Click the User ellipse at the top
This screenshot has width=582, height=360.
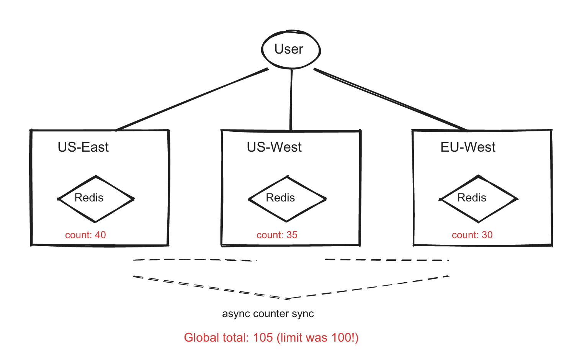pyautogui.click(x=291, y=49)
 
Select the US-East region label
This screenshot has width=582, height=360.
pyautogui.click(x=83, y=147)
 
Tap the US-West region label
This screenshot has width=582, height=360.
pyautogui.click(x=274, y=147)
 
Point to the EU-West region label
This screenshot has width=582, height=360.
pyautogui.click(x=468, y=147)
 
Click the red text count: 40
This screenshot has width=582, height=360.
pyautogui.click(x=85, y=235)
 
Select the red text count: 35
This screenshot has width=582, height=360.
pyautogui.click(x=277, y=235)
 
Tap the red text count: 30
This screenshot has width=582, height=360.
pyautogui.click(x=472, y=235)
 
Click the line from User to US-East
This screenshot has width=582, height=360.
pyautogui.click(x=191, y=100)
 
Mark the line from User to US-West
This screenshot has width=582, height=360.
pyautogui.click(x=291, y=100)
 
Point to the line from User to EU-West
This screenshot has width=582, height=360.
pyautogui.click(x=391, y=100)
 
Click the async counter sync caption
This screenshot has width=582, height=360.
pyautogui.click(x=268, y=314)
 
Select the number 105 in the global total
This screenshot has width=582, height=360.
pyautogui.click(x=263, y=337)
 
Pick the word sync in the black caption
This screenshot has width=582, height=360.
pyautogui.click(x=302, y=314)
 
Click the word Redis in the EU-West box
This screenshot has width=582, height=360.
pyautogui.click(x=472, y=198)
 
